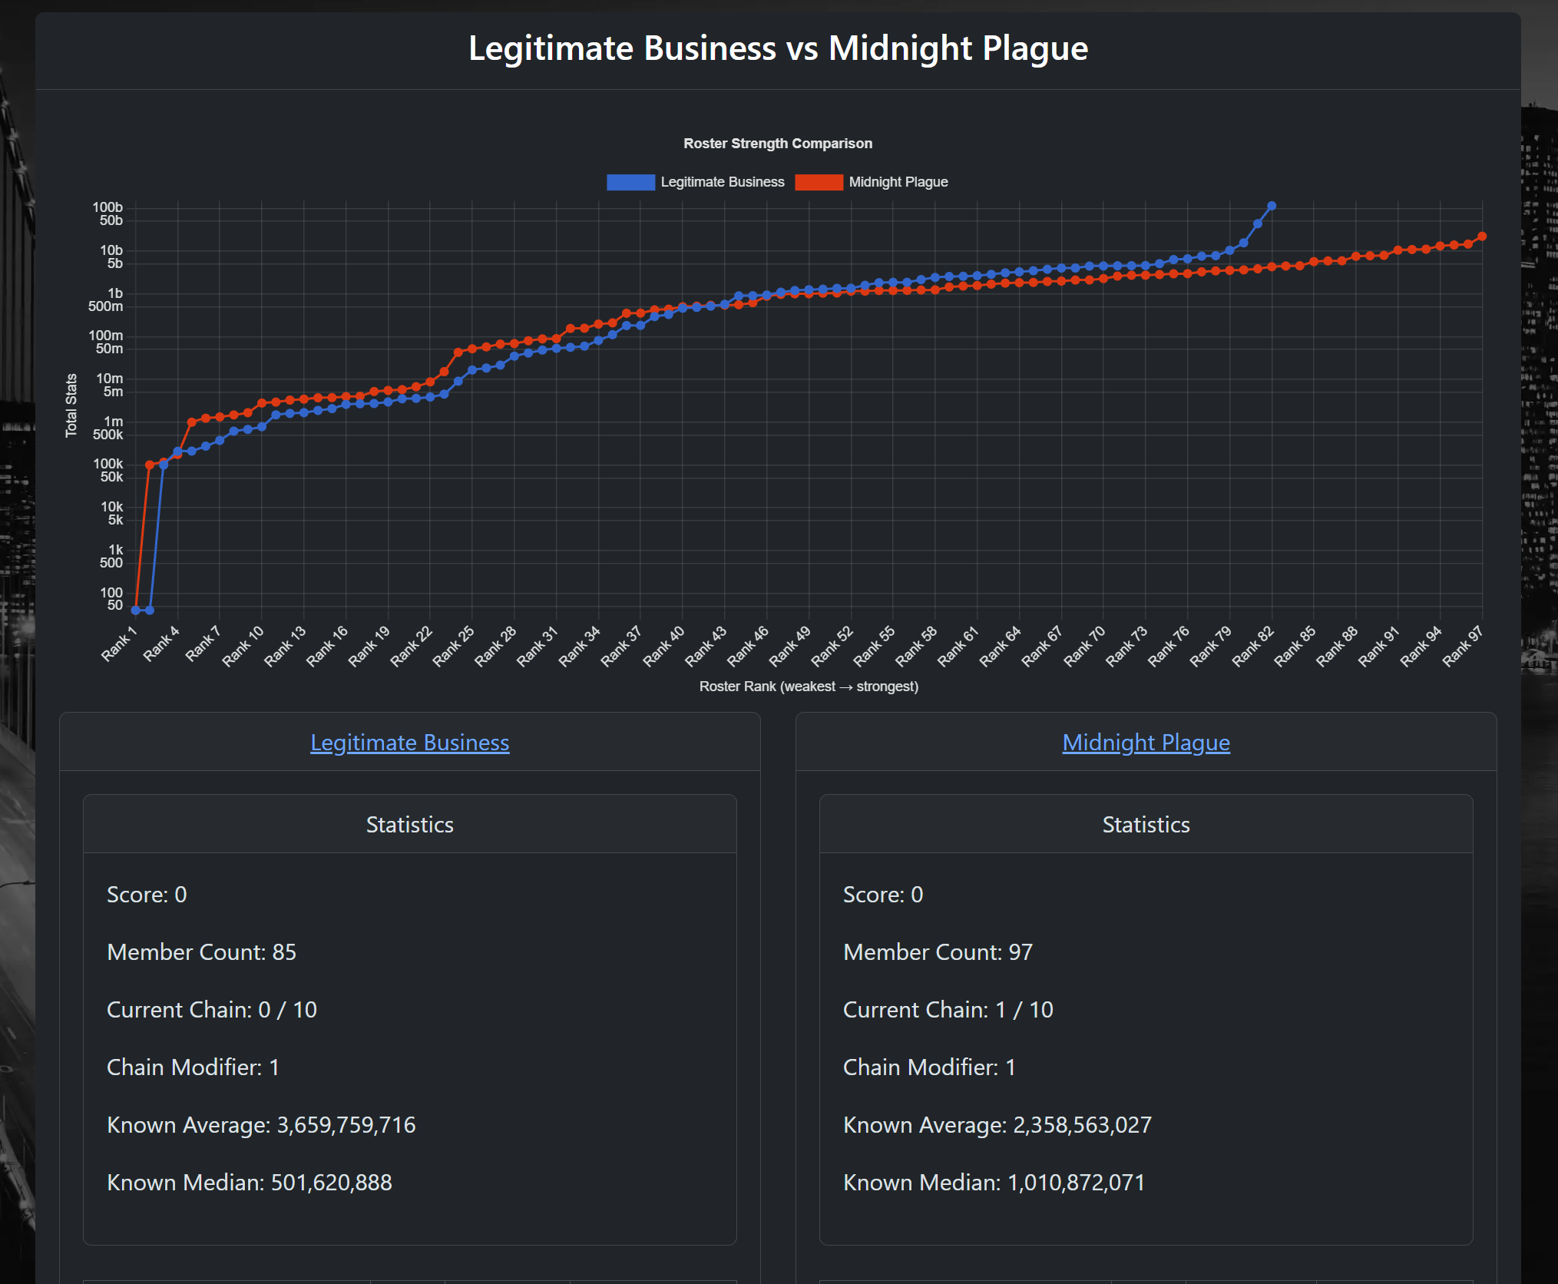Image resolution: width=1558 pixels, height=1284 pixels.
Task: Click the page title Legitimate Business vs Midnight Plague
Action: (778, 48)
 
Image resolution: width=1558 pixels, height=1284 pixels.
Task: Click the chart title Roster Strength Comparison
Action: (778, 144)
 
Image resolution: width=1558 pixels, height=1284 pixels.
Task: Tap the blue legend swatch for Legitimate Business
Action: (630, 182)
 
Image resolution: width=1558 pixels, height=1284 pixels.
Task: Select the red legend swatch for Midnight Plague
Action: (819, 182)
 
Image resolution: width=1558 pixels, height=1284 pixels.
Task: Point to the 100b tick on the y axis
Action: (108, 207)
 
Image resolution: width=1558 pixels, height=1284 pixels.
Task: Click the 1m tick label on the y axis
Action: (114, 422)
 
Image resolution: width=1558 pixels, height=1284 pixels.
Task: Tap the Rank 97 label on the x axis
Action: (1463, 645)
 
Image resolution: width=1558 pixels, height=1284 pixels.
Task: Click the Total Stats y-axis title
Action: (71, 405)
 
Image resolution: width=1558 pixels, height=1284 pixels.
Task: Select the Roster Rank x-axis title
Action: (809, 687)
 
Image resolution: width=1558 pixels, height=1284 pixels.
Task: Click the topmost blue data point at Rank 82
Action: (1272, 206)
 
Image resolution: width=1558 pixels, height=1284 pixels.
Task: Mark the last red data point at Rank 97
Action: (1482, 237)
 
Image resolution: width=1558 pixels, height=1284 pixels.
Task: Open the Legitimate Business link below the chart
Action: (410, 743)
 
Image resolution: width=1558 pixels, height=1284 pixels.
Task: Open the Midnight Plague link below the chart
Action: (1146, 743)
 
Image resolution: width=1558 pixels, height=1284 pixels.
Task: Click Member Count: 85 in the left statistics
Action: (202, 952)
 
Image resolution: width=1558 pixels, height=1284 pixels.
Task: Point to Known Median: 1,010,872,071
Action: (994, 1183)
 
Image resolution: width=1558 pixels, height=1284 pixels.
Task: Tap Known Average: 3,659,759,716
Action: (261, 1125)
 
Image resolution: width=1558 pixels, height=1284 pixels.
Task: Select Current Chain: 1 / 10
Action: (948, 1010)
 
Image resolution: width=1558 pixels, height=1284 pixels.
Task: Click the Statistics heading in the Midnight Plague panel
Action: (1146, 825)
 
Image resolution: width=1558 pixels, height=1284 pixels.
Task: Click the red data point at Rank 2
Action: (150, 465)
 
